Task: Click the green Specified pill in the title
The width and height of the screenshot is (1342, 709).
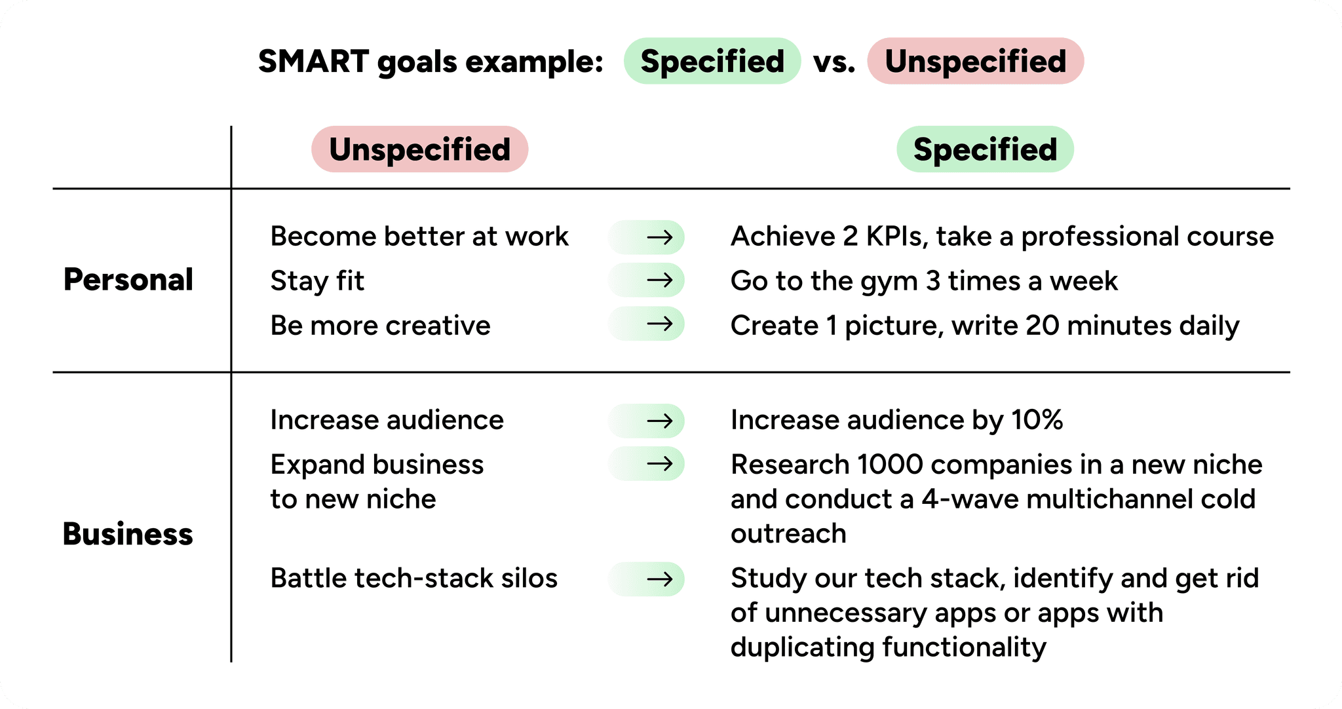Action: click(x=712, y=61)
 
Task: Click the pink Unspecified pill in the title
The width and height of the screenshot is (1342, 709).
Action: click(x=975, y=61)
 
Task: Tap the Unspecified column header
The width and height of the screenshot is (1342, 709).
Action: click(x=419, y=149)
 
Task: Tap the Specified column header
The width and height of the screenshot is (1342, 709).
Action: click(x=985, y=149)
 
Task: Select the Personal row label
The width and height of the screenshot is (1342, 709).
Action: click(x=128, y=280)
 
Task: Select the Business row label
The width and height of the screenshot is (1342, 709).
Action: click(x=128, y=534)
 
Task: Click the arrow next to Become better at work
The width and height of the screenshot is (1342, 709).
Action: click(x=659, y=237)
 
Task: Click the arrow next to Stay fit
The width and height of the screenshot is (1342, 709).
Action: click(x=659, y=280)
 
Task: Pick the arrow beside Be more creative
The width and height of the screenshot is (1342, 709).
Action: click(x=659, y=324)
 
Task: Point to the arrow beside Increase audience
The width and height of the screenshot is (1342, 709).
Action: click(x=659, y=420)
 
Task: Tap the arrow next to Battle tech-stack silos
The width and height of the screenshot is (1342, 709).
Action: click(x=659, y=579)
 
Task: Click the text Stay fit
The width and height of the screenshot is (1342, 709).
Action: click(x=317, y=281)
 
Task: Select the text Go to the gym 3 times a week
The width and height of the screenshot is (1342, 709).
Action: click(x=924, y=281)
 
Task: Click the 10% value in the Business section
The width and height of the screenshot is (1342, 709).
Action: click(x=1037, y=420)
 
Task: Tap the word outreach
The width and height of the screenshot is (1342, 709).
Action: click(x=788, y=534)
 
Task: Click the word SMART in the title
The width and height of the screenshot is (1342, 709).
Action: click(x=313, y=62)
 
